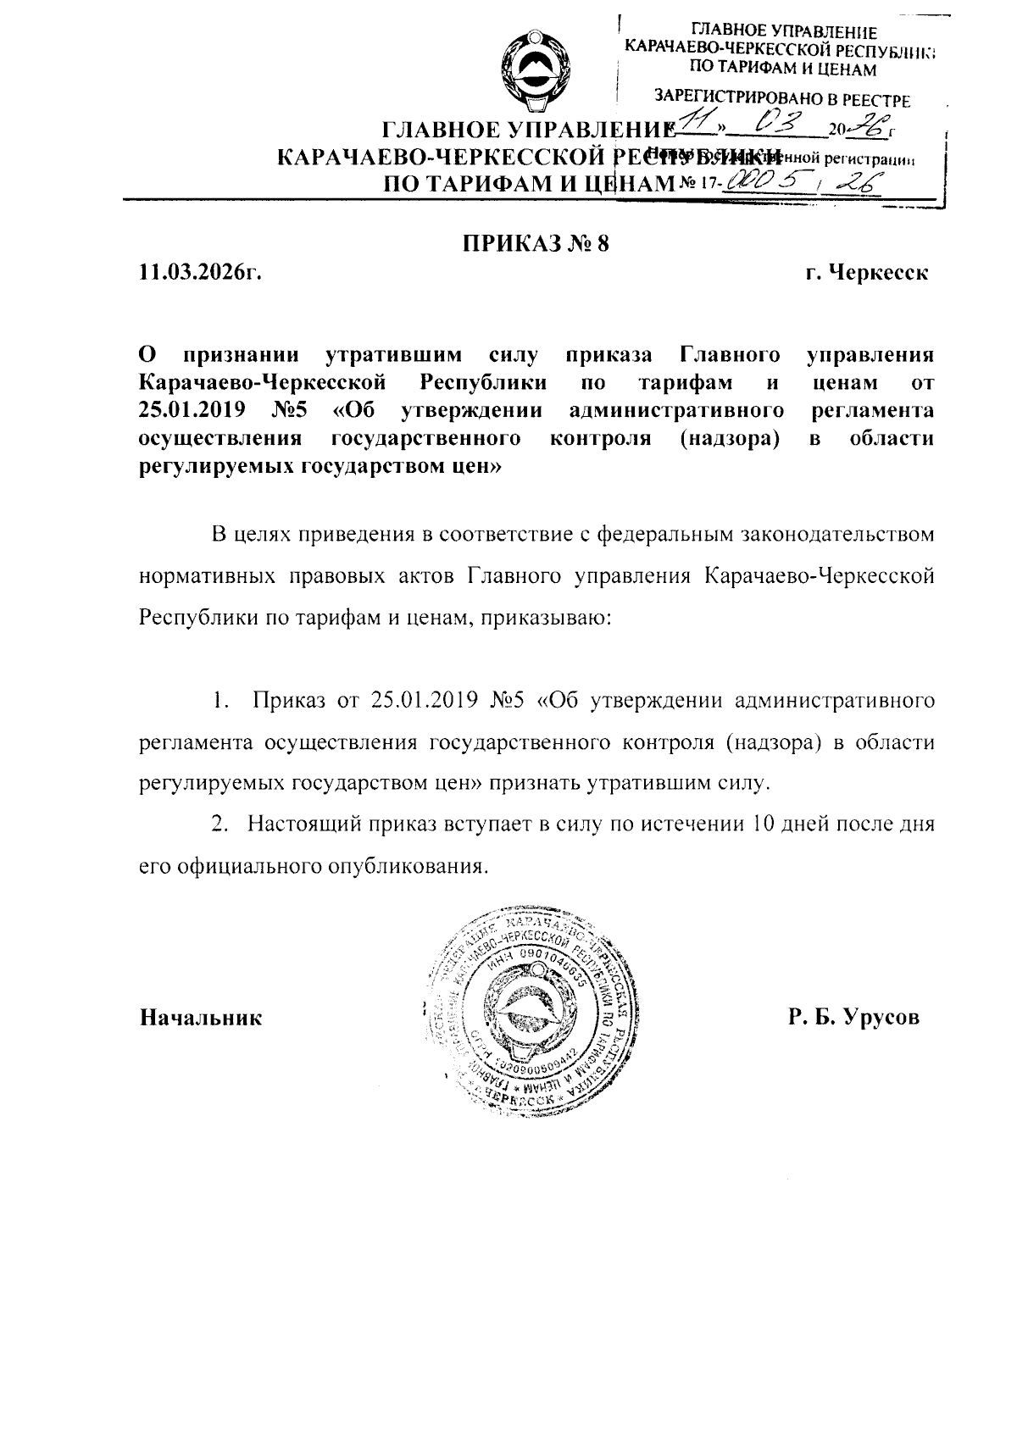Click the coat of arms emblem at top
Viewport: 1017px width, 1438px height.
[x=535, y=71]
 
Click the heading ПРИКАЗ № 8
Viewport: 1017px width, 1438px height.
[x=536, y=244]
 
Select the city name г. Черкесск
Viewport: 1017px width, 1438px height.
[x=867, y=274]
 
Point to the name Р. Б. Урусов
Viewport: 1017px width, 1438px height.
[x=853, y=1017]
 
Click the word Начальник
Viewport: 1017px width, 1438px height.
[x=201, y=1017]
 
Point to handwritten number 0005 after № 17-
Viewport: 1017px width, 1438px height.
[x=762, y=180]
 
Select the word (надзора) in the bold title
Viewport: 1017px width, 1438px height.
[x=730, y=439]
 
